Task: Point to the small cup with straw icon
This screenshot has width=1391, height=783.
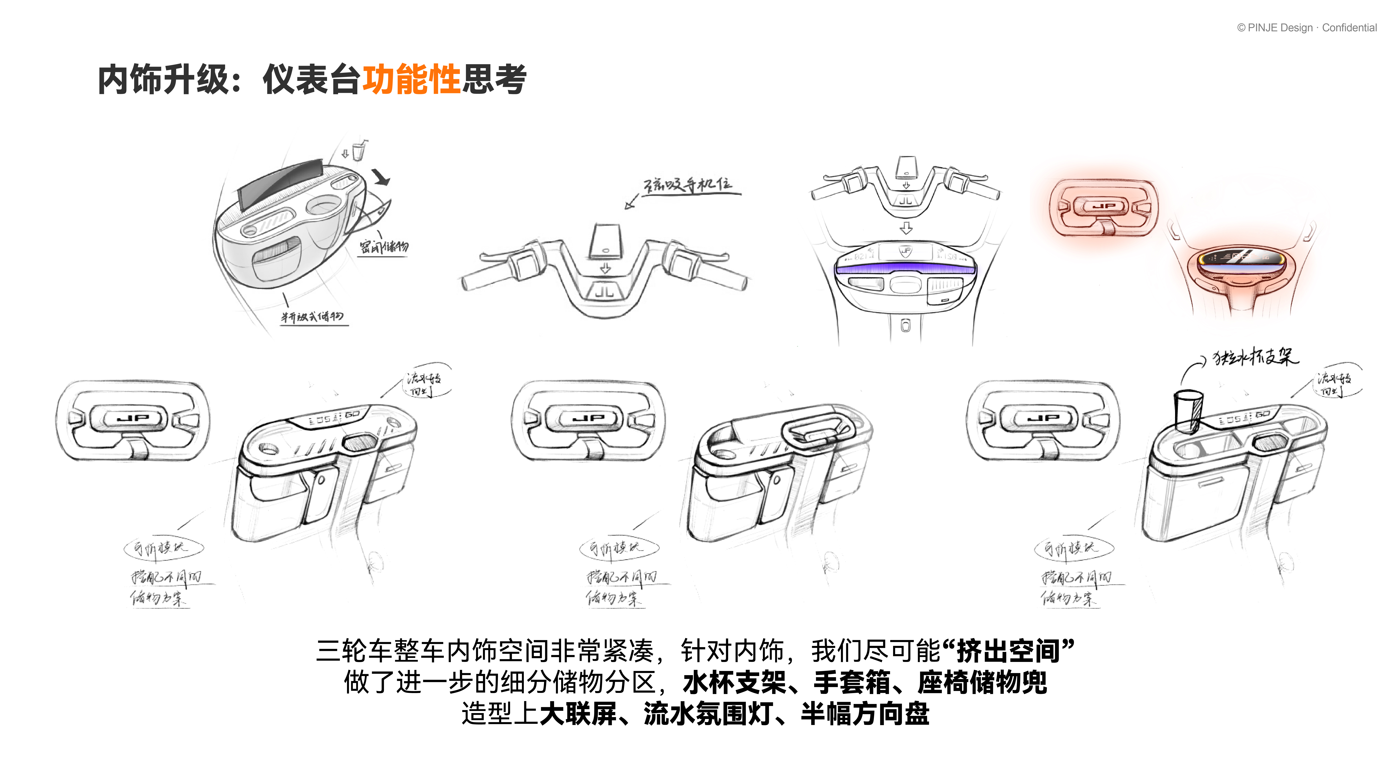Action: (x=358, y=151)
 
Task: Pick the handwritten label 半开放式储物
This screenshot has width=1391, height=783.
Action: (x=312, y=317)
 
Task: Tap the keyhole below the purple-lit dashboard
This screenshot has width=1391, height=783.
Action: (x=906, y=326)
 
